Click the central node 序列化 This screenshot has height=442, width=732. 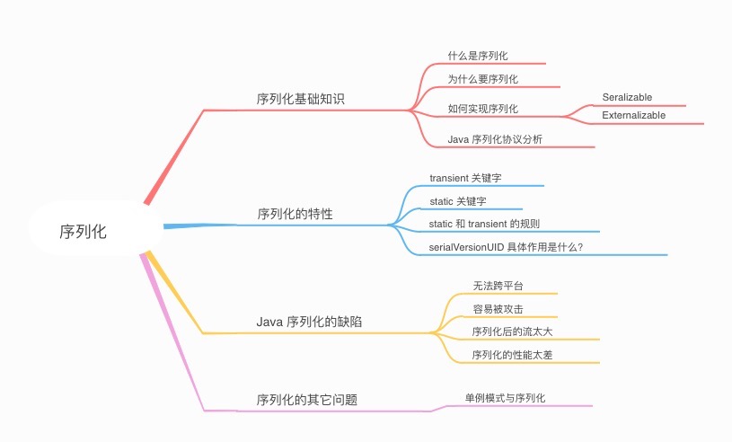coord(83,231)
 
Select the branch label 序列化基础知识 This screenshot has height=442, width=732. coord(300,99)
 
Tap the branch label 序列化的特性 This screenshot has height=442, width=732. coord(295,214)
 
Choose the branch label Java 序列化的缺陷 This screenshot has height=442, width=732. coord(309,322)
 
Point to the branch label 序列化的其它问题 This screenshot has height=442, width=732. coord(306,399)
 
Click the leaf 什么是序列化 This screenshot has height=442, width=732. coord(483,56)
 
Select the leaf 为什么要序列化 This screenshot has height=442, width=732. coord(482,79)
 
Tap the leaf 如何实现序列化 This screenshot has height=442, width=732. coord(482,109)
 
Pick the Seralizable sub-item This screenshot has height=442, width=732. coord(627,97)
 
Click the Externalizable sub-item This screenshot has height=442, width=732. coord(633,115)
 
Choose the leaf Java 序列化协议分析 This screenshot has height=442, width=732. coord(494,138)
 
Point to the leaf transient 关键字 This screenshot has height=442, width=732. coord(472,178)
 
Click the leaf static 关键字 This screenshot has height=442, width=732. coord(458,200)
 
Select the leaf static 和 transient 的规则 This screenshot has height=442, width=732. coord(484,223)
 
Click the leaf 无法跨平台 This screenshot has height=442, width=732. coord(498,286)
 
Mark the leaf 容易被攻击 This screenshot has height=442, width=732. coord(498,309)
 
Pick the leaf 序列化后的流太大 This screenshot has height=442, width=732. coord(512,331)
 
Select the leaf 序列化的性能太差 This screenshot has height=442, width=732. coord(512,355)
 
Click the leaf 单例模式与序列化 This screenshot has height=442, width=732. coord(505,397)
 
